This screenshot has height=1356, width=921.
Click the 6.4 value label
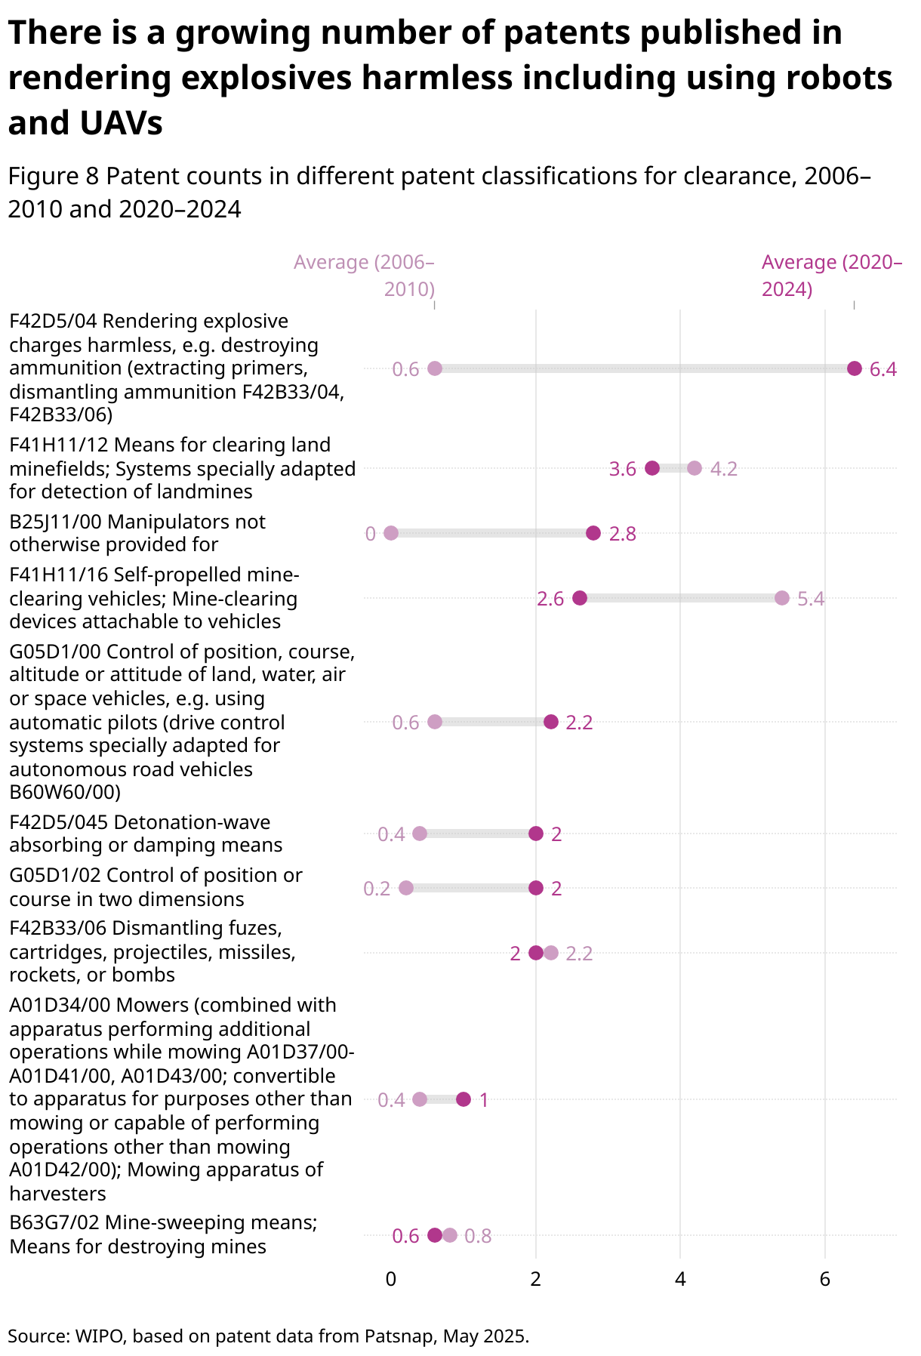(x=882, y=369)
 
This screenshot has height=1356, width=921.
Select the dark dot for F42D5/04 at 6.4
(x=854, y=368)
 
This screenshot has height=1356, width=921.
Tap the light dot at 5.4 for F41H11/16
(x=781, y=598)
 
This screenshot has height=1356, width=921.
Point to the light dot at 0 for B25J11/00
(x=391, y=533)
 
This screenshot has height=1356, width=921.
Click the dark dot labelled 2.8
(x=593, y=533)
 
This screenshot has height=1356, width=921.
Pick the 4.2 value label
(x=723, y=469)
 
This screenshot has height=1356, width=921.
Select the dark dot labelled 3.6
(x=652, y=468)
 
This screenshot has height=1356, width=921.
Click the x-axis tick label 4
(x=680, y=1279)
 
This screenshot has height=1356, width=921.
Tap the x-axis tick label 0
(x=391, y=1279)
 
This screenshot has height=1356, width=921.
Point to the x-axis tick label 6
(x=824, y=1279)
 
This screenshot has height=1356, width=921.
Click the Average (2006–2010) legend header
(x=364, y=276)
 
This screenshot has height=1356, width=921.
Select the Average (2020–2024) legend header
(x=831, y=276)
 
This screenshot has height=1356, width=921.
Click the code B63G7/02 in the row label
(x=54, y=1222)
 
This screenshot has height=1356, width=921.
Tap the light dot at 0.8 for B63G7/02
(x=450, y=1235)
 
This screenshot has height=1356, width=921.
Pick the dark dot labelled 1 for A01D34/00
(x=464, y=1099)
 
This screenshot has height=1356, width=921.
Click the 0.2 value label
(x=377, y=889)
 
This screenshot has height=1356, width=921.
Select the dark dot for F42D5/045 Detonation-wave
(x=536, y=834)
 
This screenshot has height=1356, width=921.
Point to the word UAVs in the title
(x=125, y=123)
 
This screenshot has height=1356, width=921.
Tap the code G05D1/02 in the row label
(x=55, y=875)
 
